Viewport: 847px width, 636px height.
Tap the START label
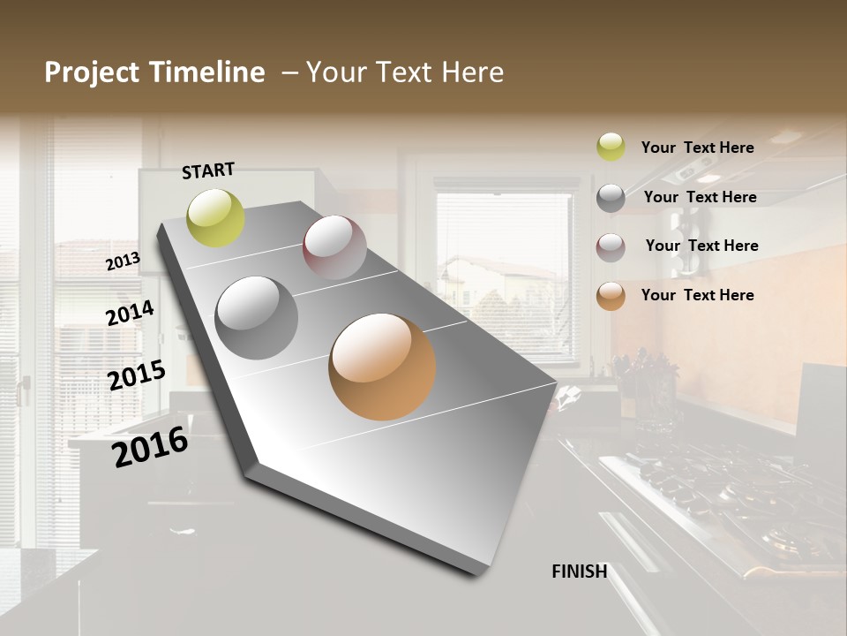208,170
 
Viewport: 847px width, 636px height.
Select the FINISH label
580,572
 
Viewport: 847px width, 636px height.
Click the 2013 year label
123,261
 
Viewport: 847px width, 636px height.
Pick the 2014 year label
130,313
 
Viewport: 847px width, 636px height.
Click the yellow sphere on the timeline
215,217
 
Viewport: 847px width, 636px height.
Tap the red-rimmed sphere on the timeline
334,247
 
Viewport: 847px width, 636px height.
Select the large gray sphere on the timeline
257,318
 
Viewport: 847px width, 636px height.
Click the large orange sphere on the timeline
382,367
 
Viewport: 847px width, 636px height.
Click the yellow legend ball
611,147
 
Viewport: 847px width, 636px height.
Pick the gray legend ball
611,197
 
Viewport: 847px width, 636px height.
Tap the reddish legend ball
611,246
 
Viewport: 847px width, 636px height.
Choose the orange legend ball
611,295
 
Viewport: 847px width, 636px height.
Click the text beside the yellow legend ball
697,148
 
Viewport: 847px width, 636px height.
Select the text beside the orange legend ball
697,295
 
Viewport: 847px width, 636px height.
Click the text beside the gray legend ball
700,197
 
